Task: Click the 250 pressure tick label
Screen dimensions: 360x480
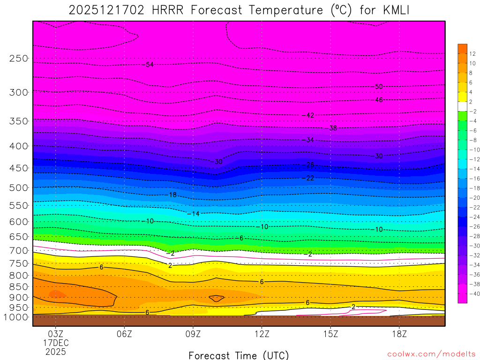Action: (19, 59)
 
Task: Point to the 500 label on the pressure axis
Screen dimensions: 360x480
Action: (19, 187)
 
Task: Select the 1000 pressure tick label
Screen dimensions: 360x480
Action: (16, 317)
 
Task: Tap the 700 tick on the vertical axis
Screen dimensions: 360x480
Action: (19, 250)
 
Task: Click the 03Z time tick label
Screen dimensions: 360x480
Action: (56, 334)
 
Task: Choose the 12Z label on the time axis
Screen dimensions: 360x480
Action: (262, 334)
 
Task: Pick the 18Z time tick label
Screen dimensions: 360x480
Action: (399, 334)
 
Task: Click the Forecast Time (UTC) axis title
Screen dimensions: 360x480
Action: (239, 355)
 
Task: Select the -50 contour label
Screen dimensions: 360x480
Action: (378, 87)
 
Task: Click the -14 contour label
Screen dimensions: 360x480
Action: (194, 214)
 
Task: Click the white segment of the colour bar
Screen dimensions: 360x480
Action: (462, 106)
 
